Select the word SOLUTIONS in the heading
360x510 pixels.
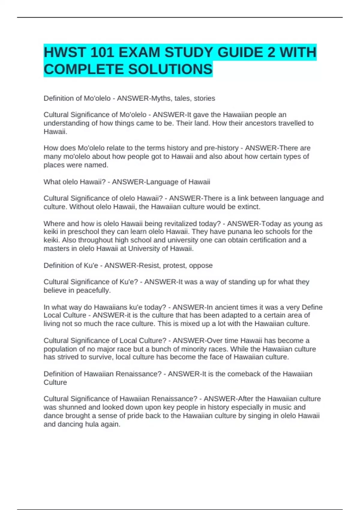click(170, 69)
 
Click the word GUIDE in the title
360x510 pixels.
click(240, 52)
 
